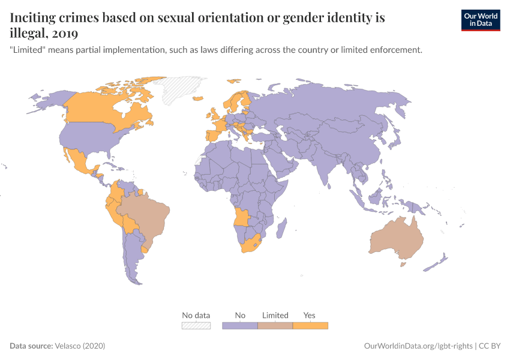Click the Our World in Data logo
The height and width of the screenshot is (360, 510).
pos(480,20)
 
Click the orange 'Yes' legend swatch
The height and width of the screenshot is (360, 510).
pos(310,326)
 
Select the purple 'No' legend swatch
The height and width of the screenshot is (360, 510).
pos(240,326)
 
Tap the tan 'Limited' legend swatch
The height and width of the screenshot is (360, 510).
pos(275,326)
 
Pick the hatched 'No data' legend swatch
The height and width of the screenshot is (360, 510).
pos(196,326)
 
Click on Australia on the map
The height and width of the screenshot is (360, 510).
pos(397,240)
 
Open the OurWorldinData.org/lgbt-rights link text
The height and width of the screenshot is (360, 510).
pos(418,346)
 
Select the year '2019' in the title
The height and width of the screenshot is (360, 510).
pos(60,32)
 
